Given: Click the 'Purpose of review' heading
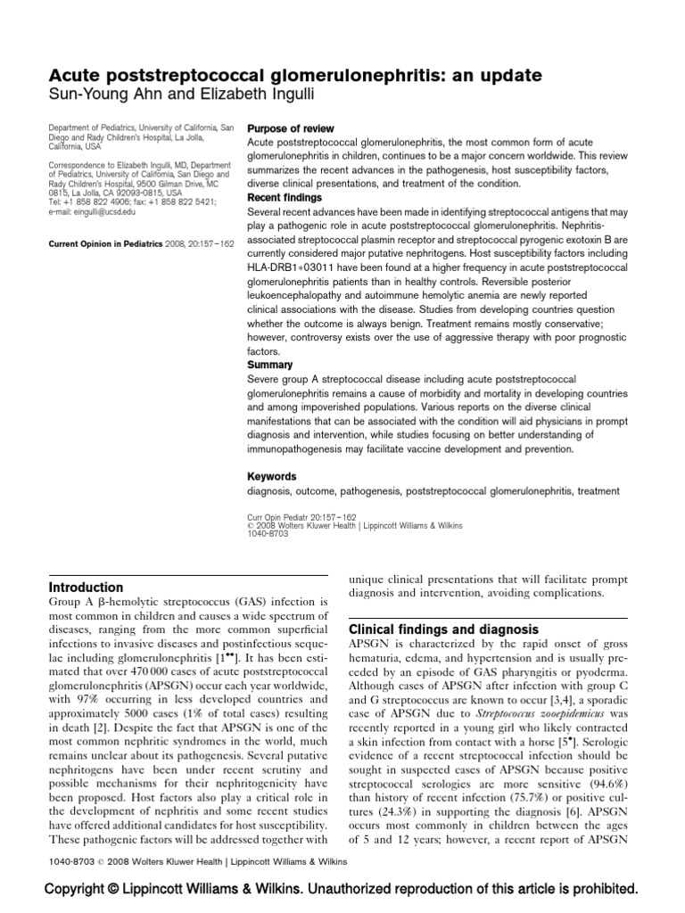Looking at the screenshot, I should [292, 128].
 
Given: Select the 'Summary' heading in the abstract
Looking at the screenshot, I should [269, 365].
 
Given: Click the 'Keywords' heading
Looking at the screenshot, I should [272, 477].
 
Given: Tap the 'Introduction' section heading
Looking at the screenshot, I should [86, 588].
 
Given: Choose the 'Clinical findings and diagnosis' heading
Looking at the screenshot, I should [443, 629].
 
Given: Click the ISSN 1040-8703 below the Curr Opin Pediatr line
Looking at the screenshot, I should [267, 534].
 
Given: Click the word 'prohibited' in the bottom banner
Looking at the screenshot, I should [601, 889].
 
